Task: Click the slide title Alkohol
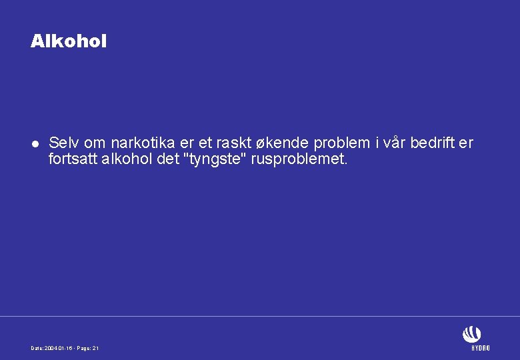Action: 68,41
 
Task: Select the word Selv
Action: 64,143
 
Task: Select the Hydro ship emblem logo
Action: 471,334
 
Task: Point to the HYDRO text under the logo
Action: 480,348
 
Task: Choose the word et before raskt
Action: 211,143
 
